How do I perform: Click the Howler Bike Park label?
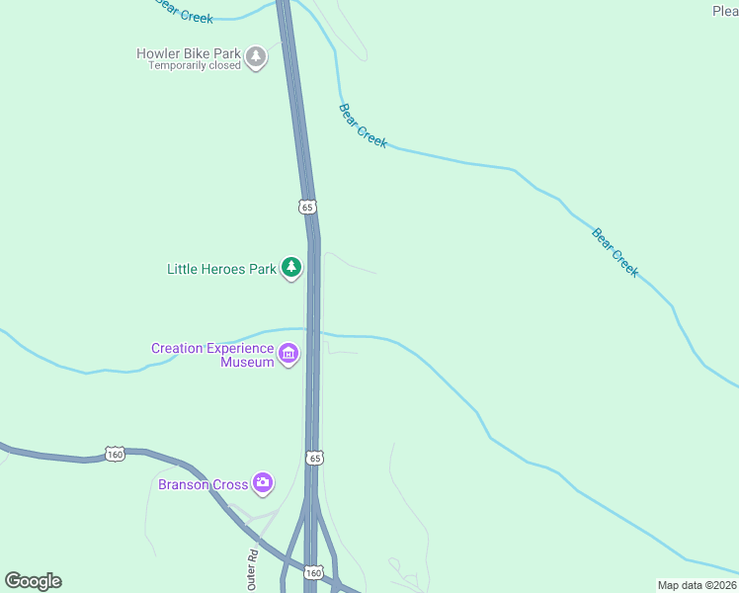point(189,53)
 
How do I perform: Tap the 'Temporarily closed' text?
point(195,66)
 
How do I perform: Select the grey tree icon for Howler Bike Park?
point(257,56)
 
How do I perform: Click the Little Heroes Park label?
point(221,269)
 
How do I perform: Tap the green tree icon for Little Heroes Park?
point(290,267)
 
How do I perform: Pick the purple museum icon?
point(288,354)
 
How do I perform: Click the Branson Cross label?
point(203,484)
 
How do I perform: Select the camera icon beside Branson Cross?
point(263,482)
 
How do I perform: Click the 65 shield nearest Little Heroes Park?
point(307,207)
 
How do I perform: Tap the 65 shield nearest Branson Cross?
point(314,458)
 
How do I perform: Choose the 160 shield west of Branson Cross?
point(116,454)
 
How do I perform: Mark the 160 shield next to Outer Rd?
point(314,572)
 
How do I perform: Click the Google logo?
point(33,581)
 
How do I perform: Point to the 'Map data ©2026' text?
point(698,585)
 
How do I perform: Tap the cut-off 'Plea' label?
point(725,11)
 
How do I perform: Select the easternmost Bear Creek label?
point(616,252)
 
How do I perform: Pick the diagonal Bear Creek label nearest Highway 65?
point(363,126)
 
